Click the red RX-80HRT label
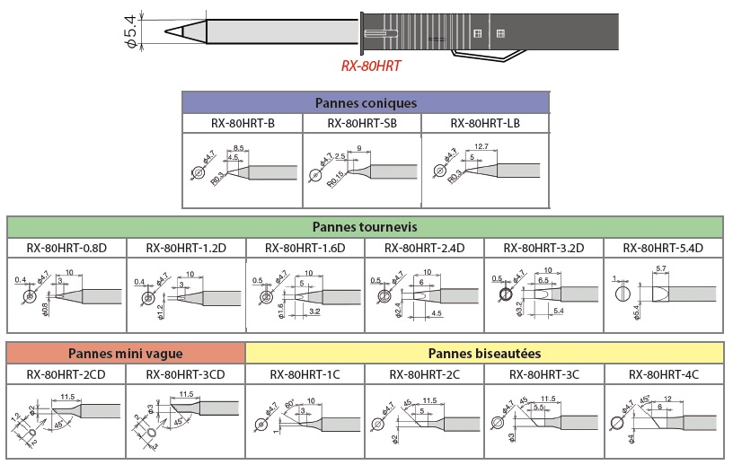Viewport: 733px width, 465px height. click(370, 66)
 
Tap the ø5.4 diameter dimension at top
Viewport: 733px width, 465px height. click(131, 31)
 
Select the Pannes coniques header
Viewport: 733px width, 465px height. click(366, 103)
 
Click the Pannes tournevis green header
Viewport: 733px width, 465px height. click(365, 227)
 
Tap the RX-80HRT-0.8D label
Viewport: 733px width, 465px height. click(66, 248)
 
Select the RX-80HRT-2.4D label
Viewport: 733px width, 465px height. click(425, 248)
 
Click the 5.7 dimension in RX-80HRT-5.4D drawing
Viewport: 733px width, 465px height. click(660, 269)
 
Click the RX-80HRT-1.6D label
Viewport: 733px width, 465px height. click(305, 248)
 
